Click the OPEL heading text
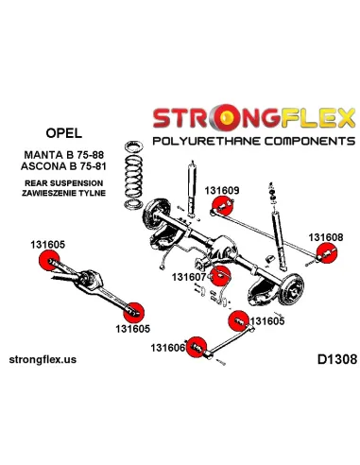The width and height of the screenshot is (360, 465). click(64, 132)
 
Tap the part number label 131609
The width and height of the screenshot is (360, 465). click(222, 190)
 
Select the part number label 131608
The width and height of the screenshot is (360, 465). click(326, 237)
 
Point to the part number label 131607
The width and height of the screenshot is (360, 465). click(189, 277)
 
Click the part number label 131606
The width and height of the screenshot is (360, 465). click(167, 348)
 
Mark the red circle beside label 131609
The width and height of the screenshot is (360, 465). click(222, 205)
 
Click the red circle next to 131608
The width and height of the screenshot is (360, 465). click(326, 253)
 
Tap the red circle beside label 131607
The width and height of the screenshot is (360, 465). click(220, 276)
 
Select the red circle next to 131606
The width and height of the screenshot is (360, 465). click(197, 347)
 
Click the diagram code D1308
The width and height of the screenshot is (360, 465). click(337, 359)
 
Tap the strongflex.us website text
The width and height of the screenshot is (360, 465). click(43, 359)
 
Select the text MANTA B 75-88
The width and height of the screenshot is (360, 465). click(64, 155)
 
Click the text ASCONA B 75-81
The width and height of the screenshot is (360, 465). click(63, 166)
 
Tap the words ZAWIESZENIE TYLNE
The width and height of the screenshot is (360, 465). click(63, 193)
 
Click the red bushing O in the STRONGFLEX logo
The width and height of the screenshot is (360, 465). click(226, 117)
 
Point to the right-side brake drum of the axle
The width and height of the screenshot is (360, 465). click(292, 289)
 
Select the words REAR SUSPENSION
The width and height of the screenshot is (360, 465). click(64, 183)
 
